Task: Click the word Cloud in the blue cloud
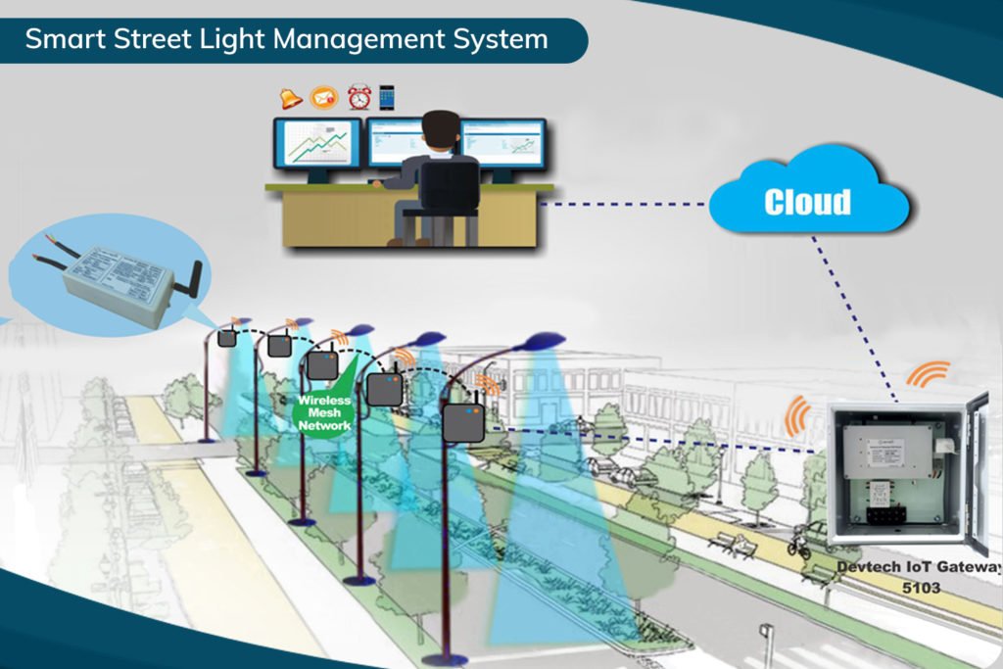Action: tap(807, 202)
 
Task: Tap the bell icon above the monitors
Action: tap(291, 98)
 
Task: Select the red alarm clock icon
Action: tap(358, 97)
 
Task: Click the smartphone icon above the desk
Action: tap(387, 97)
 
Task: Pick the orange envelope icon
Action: tap(323, 98)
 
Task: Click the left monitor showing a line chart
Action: tap(316, 146)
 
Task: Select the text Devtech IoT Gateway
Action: tap(919, 568)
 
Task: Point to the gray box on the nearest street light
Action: tap(461, 421)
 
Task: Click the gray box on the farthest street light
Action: tap(227, 337)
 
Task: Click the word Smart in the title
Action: tap(57, 39)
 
